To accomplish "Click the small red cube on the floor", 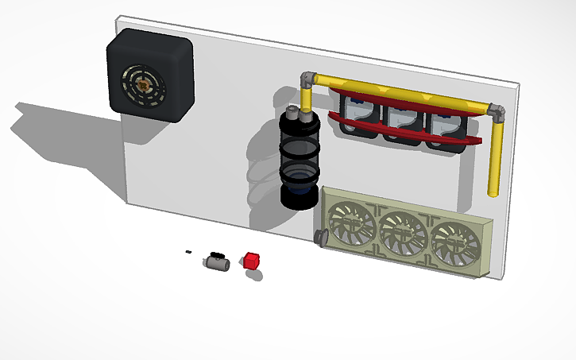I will coord(252,260).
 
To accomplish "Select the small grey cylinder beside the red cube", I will coord(215,261).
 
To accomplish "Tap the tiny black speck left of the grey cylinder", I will coord(187,252).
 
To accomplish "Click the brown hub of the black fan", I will coord(143,80).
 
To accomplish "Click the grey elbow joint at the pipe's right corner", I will coord(497,111).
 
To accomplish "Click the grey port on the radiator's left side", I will coord(322,237).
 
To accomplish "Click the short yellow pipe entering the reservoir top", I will coord(306,99).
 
